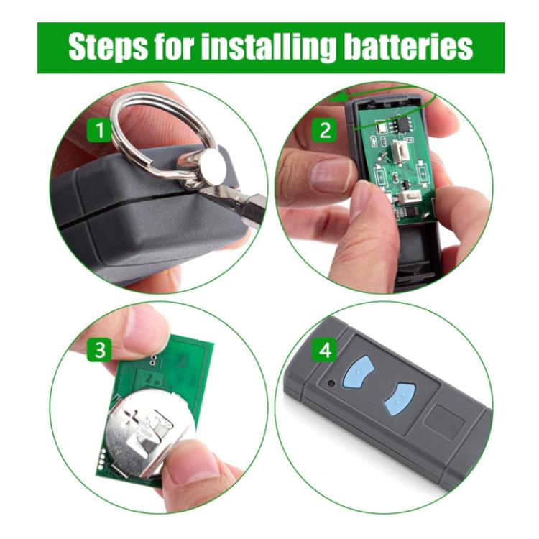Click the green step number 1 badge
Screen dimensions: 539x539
tap(99, 130)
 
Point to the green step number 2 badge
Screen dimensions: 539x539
tap(325, 130)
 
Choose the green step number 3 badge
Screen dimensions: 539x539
tap(99, 350)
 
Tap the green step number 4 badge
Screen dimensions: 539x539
tap(325, 350)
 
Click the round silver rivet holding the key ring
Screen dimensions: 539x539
tap(213, 167)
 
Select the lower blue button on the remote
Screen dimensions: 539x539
tap(400, 400)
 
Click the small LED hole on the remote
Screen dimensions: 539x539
tap(331, 383)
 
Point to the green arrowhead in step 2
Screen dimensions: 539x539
tap(337, 98)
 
